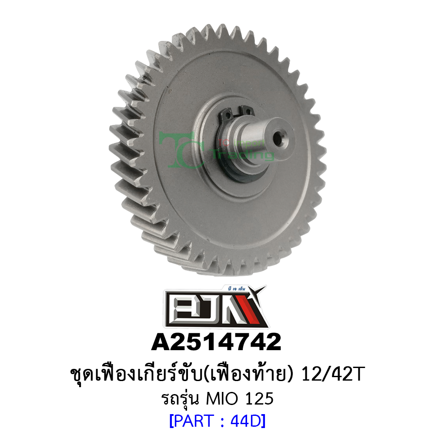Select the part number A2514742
tap(216, 342)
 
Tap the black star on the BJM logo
tap(261, 292)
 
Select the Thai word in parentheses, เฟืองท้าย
tap(256, 375)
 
